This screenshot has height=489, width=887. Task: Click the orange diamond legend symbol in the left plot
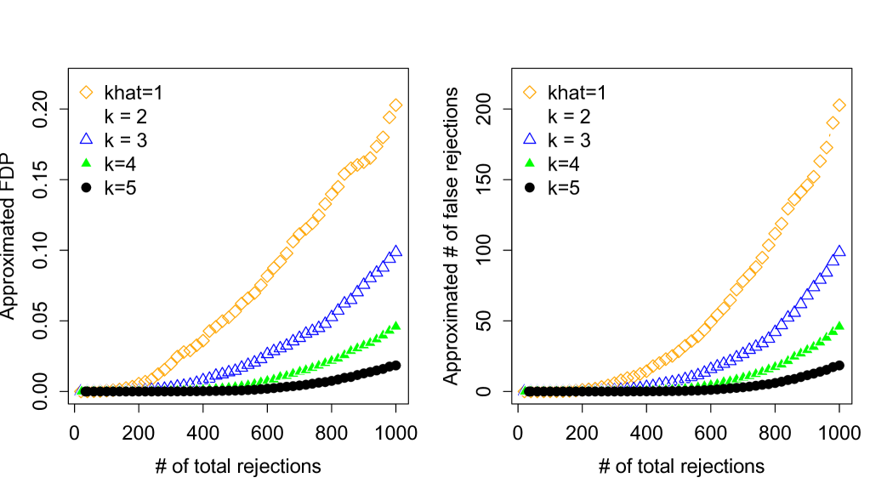pos(86,92)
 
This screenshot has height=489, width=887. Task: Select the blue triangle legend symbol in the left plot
pos(86,138)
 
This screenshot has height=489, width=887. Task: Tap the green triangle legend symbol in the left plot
pos(86,162)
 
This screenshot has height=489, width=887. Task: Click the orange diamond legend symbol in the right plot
pos(529,92)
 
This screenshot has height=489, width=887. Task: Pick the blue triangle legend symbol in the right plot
pos(529,138)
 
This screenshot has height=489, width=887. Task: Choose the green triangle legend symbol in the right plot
pos(529,162)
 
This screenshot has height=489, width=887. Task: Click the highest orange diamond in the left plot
pos(395,105)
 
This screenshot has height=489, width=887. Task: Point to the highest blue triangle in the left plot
pos(395,251)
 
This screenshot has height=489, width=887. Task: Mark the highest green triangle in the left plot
pos(395,325)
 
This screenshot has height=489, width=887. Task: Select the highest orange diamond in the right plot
pos(839,105)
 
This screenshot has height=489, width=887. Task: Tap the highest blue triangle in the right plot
pos(839,251)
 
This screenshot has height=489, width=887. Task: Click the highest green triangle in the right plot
pos(839,325)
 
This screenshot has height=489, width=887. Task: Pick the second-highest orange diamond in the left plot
pos(389,117)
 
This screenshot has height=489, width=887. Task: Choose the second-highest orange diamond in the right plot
pos(833,123)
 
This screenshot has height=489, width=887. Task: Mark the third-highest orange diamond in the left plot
pos(383,137)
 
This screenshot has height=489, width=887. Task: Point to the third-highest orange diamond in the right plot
pos(827,148)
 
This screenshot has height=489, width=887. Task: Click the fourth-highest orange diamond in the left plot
pos(377,146)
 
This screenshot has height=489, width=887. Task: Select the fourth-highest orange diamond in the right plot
pos(820,161)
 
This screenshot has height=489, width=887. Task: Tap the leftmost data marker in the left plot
pos(80,390)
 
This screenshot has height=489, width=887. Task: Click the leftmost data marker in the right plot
pos(523,390)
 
